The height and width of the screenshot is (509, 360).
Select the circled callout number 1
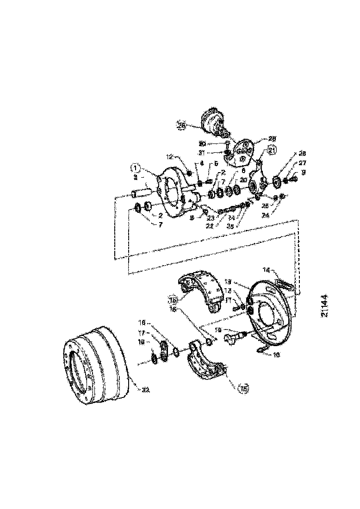pyautogui.click(x=135, y=168)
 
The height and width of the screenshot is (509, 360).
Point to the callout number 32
pyautogui.click(x=146, y=390)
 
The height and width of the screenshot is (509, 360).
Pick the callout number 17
pyautogui.click(x=142, y=332)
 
